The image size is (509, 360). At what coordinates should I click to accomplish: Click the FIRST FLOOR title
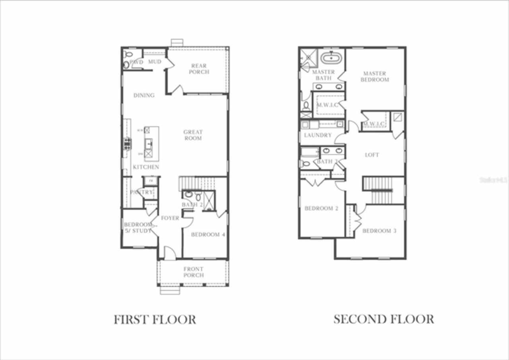pos(155,319)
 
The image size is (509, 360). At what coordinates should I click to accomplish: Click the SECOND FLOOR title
pos(383,319)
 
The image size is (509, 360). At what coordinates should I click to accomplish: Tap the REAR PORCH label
pos(199,69)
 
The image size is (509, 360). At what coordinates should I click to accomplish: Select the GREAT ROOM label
pos(193,135)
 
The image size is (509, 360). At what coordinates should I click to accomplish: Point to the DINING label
pos(144,95)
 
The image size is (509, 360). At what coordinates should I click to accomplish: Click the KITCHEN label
pos(146,167)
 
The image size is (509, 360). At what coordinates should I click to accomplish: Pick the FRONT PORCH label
pos(194,272)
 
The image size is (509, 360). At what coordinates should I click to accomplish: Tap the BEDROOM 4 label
pos(208,234)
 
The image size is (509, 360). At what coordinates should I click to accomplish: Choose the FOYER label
pos(170,218)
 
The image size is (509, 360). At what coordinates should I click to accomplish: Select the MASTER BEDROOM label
pos(375,76)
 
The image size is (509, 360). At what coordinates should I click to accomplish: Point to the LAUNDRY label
pos(318,135)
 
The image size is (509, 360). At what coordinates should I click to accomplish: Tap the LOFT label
pos(372,155)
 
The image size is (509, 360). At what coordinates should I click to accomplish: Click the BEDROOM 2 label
pos(321,208)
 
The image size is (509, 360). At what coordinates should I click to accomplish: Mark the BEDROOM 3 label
pos(379,231)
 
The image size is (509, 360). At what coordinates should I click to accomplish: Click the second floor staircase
pos(378,190)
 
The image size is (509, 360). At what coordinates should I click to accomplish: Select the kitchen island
pos(151,143)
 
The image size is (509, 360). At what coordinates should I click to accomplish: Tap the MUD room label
pos(155,62)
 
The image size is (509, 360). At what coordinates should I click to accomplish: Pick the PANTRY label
pos(141,192)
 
